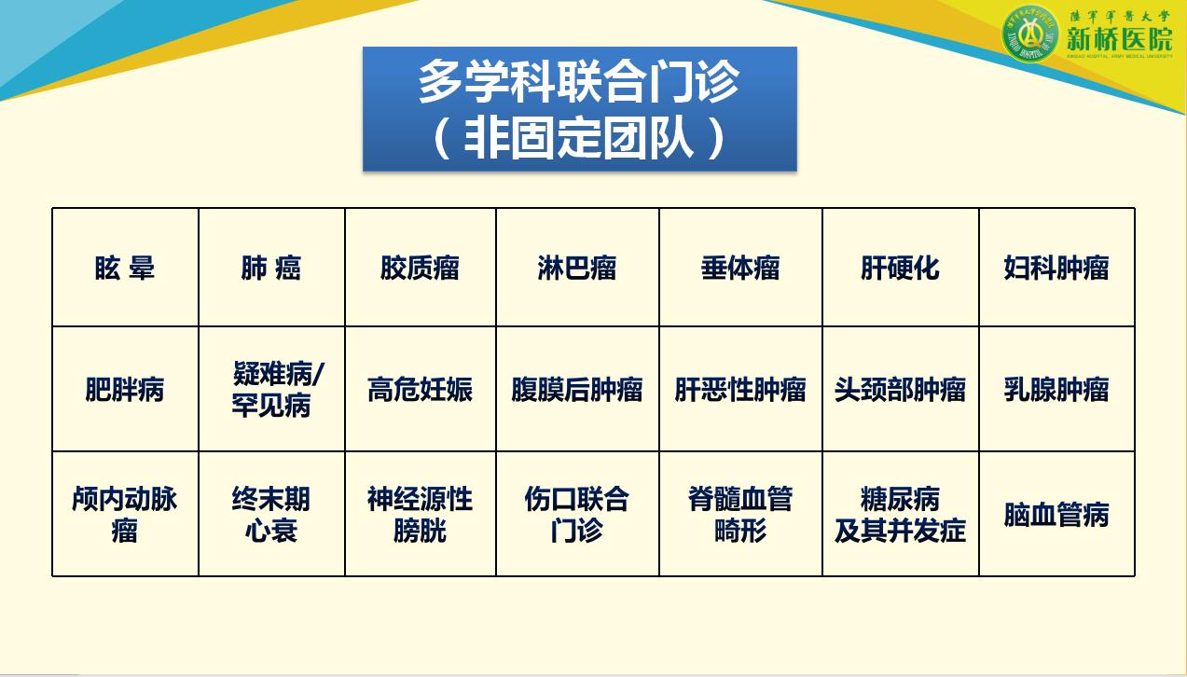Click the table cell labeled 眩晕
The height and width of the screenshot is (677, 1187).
click(125, 269)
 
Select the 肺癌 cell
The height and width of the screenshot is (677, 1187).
click(271, 269)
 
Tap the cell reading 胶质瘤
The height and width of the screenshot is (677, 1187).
click(420, 269)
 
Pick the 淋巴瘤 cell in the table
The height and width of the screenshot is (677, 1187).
click(577, 269)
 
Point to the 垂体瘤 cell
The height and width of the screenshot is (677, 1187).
click(740, 269)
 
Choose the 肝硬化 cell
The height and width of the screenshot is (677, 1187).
click(900, 269)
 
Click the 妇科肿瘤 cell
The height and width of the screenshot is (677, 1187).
click(1056, 269)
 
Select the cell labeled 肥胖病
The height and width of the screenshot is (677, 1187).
click(125, 389)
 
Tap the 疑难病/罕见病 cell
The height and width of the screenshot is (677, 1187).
click(271, 390)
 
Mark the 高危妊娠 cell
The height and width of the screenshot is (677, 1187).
click(420, 389)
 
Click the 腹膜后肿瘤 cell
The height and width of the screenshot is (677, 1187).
click(577, 389)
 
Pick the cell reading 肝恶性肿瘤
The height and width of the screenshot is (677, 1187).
click(740, 389)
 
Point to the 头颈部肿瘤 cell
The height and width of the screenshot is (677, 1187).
click(900, 389)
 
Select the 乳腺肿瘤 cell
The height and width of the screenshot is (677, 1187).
click(1056, 389)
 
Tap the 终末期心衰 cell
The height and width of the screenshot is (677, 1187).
click(271, 514)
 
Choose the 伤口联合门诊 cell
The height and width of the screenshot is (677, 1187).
click(577, 514)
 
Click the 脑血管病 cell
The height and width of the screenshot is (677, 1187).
click(1056, 514)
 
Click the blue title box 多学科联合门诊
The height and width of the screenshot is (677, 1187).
click(579, 109)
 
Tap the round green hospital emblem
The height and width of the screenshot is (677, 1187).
click(1030, 35)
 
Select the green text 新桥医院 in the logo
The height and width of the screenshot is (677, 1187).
click(1119, 39)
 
